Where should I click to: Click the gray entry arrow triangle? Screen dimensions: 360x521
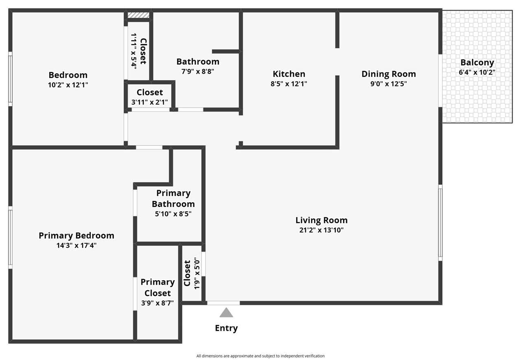pos(226,313)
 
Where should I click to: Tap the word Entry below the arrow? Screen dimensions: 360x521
pos(226,328)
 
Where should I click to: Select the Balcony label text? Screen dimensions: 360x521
pos(477,63)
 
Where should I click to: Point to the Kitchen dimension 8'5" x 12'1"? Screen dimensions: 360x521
pos(289,84)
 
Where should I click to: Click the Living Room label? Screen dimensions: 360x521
pos(322,220)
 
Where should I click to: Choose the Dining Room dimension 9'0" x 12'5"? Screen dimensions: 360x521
pos(389,84)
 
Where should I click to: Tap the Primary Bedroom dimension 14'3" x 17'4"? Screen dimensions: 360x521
pos(77,246)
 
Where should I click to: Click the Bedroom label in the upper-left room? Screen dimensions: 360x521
pos(68,75)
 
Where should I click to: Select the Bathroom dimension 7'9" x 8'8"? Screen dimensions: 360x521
pos(198,71)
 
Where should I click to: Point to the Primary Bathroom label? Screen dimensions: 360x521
pos(173,198)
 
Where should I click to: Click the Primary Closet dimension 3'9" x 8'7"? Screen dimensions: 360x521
pos(158,303)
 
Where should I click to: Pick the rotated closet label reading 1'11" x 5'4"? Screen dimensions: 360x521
pos(134,51)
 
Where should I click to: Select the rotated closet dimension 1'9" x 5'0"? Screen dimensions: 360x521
pos(197,273)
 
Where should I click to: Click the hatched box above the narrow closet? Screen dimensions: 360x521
pos(138,15)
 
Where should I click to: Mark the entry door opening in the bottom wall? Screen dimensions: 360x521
pos(223,303)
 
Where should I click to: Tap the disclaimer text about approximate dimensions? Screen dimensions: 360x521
pos(260,356)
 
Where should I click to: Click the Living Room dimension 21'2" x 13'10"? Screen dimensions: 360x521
pos(322,230)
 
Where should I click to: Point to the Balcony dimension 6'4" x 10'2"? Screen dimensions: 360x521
pos(477,72)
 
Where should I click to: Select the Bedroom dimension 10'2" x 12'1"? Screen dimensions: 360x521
pos(68,85)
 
